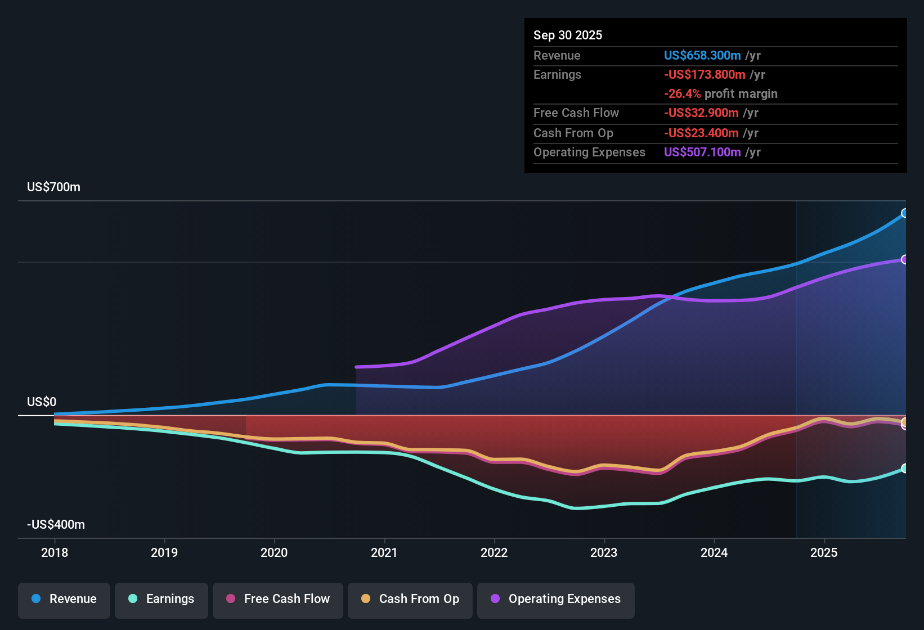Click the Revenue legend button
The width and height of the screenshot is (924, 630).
(x=64, y=599)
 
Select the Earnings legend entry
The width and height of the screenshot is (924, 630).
(x=162, y=599)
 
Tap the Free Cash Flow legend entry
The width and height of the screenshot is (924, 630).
(x=278, y=599)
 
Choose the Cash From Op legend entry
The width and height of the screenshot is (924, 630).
(x=410, y=599)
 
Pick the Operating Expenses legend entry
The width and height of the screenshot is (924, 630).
(x=556, y=599)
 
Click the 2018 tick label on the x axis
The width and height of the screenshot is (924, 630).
(x=55, y=553)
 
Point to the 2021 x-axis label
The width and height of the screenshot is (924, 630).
(x=384, y=553)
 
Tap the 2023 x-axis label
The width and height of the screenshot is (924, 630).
(x=604, y=553)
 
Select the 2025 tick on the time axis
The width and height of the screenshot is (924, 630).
(x=824, y=553)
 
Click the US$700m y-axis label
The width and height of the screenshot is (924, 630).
(x=54, y=187)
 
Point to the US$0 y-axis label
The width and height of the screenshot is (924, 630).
(x=42, y=402)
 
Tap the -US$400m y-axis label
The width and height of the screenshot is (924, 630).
(x=56, y=525)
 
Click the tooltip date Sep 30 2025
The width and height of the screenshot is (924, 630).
(x=568, y=35)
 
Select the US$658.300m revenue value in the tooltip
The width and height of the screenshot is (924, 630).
(x=702, y=56)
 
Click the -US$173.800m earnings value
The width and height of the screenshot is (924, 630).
(x=705, y=75)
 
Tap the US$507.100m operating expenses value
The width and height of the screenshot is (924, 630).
(x=702, y=152)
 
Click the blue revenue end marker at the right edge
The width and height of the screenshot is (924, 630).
(x=905, y=213)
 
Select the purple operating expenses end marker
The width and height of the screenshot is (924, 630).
(x=905, y=259)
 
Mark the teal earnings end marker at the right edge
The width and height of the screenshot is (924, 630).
(x=905, y=469)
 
